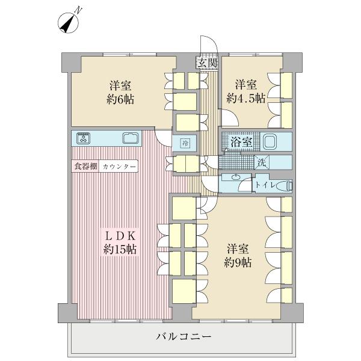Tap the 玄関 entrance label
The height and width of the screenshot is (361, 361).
pos(205,62)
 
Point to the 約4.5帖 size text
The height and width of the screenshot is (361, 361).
pos(245,99)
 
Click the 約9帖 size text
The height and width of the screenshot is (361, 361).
pos(239,262)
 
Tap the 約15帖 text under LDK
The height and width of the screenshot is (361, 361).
pos(121,250)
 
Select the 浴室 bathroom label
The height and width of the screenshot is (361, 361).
pos(241,143)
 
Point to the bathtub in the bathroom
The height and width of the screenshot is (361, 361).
pos(270,142)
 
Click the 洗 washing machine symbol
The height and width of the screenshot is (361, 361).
pos(262,162)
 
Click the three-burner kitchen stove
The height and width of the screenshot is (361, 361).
pos(83,138)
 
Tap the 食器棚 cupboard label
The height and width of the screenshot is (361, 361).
pos(85,166)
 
